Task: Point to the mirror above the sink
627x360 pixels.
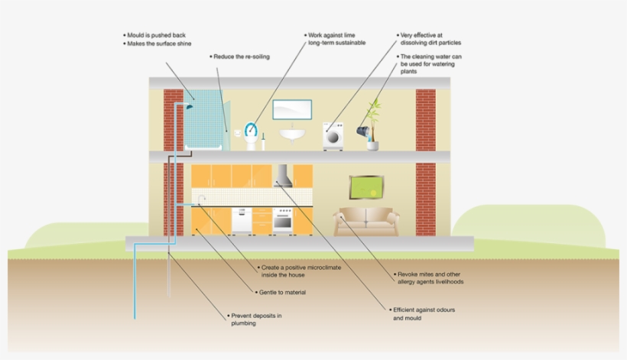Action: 291,109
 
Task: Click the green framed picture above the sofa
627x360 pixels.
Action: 366,187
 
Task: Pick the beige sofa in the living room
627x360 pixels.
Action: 366,222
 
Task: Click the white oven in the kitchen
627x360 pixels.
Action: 283,220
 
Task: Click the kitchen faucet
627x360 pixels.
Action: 201,200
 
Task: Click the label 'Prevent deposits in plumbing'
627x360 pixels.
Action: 255,319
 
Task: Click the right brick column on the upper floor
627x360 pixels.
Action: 425,119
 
